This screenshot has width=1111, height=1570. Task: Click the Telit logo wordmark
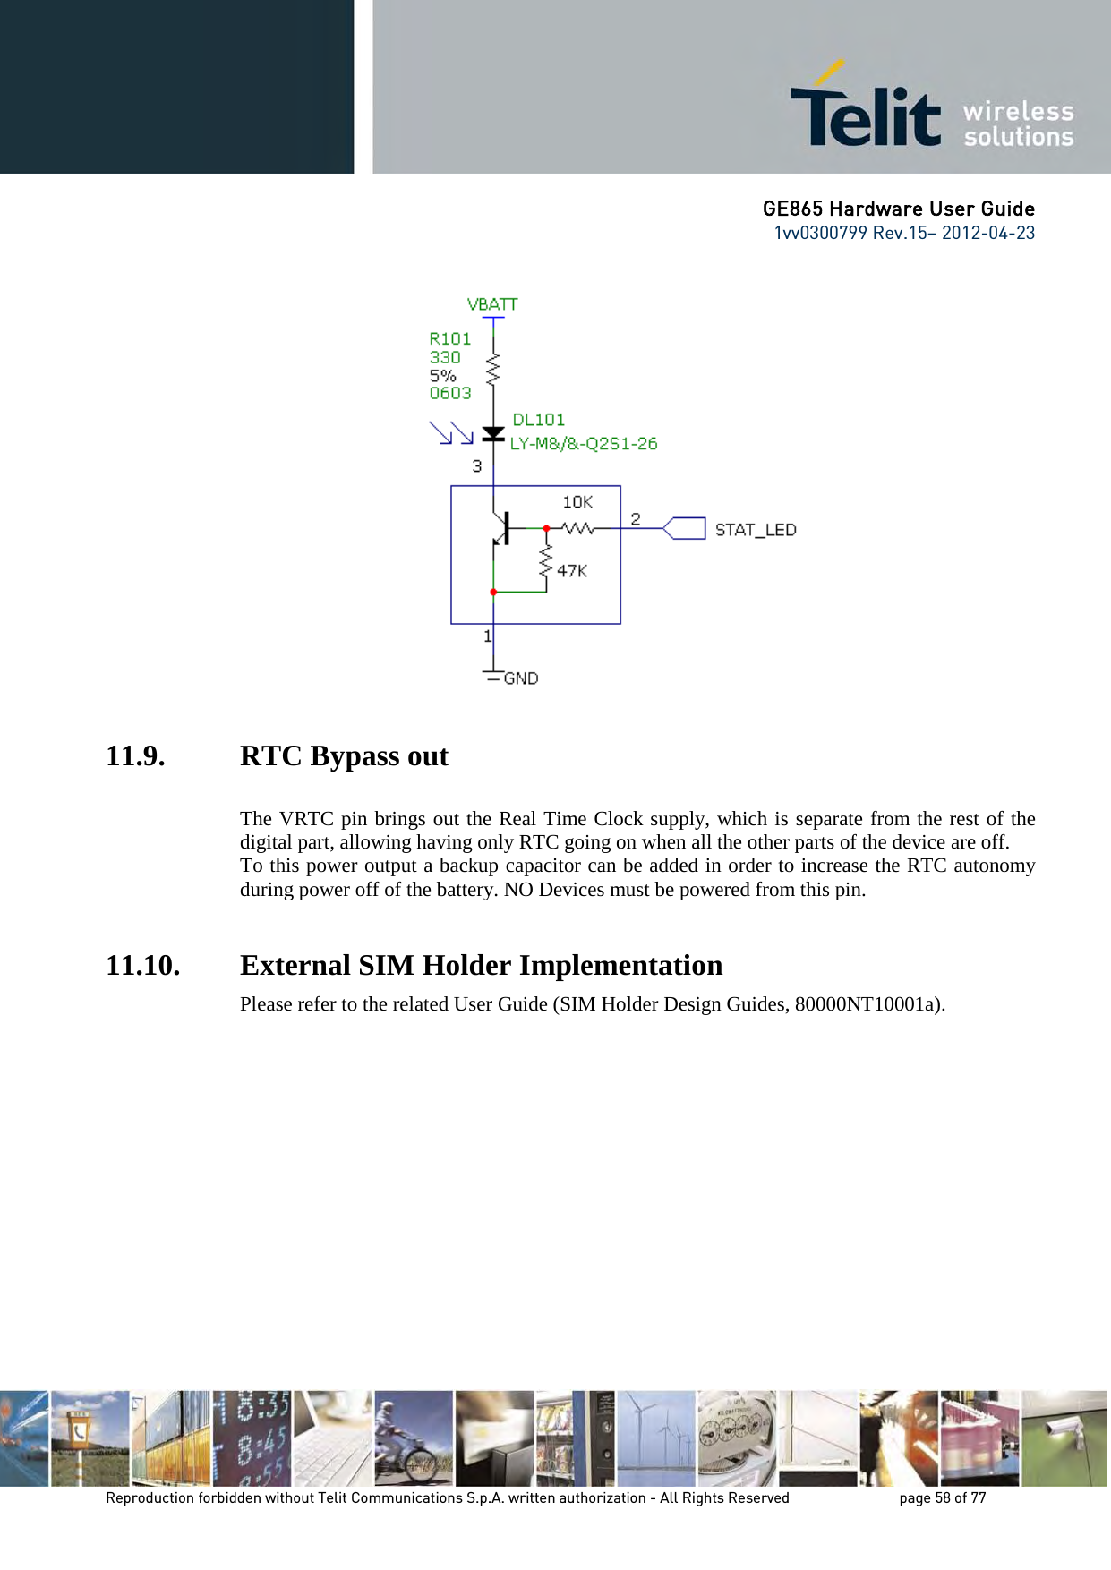[x=865, y=115]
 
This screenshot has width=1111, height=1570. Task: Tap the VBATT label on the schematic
[x=492, y=304]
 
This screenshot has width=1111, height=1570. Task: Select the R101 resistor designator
[x=449, y=338]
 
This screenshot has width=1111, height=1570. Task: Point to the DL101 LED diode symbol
[x=493, y=434]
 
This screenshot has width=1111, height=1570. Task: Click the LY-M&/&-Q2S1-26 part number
[x=584, y=443]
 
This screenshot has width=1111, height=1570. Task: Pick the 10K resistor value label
[x=577, y=502]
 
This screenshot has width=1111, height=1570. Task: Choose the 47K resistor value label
[x=572, y=570]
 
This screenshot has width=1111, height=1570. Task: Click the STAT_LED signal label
[x=756, y=530]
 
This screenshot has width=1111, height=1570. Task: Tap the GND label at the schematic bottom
[x=521, y=678]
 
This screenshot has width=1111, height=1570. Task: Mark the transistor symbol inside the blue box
[x=500, y=529]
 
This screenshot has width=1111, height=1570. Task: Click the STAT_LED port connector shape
[x=685, y=528]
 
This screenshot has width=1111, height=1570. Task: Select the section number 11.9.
[x=135, y=756]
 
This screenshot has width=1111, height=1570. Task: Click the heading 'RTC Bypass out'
[x=344, y=756]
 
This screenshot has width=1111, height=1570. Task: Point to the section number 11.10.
[x=142, y=966]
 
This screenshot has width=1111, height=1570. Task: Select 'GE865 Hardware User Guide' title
[x=898, y=209]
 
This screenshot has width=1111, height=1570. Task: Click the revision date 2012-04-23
[x=987, y=233]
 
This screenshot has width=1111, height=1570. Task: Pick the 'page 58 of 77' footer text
[x=942, y=1497]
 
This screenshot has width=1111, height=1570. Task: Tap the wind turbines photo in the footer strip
[x=655, y=1438]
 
